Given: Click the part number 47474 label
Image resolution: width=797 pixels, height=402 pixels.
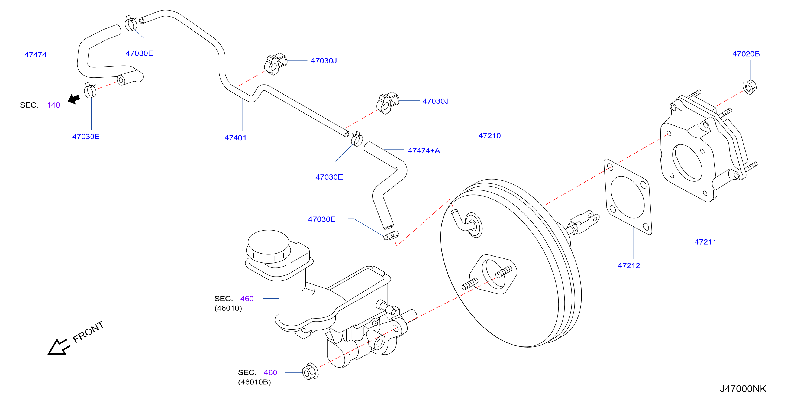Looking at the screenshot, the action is tap(35, 55).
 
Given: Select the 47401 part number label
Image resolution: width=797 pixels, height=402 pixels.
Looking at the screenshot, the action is tap(235, 138).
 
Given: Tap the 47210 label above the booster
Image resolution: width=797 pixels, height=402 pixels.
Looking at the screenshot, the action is tap(489, 135).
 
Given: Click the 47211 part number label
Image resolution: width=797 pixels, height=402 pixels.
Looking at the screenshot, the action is tap(705, 242).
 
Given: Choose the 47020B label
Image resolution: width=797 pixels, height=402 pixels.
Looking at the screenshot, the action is tap(746, 54).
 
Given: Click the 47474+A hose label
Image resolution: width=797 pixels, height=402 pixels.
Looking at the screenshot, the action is tap(424, 151).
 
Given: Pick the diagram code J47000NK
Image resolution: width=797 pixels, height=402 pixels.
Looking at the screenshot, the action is tap(743, 389).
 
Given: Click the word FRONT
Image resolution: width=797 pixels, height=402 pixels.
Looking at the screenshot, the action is tap(88, 332).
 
